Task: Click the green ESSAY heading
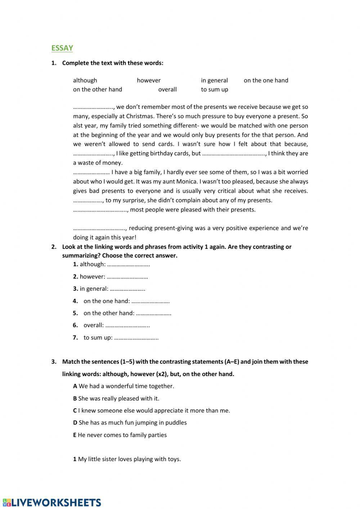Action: point(62,48)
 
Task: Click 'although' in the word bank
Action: point(85,80)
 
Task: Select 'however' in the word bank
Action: point(149,80)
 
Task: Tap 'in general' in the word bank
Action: point(214,80)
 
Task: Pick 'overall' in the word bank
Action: point(167,89)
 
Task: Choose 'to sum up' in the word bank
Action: point(214,89)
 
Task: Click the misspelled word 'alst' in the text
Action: point(78,125)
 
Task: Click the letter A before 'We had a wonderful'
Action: point(75,386)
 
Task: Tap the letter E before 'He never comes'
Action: point(75,435)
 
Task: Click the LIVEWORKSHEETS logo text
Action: point(52,503)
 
